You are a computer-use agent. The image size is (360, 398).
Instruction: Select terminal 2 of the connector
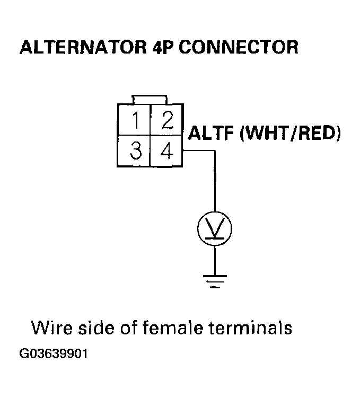167,121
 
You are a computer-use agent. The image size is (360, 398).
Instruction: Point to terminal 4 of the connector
167,152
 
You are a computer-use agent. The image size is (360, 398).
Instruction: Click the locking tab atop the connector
151,100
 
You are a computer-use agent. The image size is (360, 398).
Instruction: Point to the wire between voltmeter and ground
215,260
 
